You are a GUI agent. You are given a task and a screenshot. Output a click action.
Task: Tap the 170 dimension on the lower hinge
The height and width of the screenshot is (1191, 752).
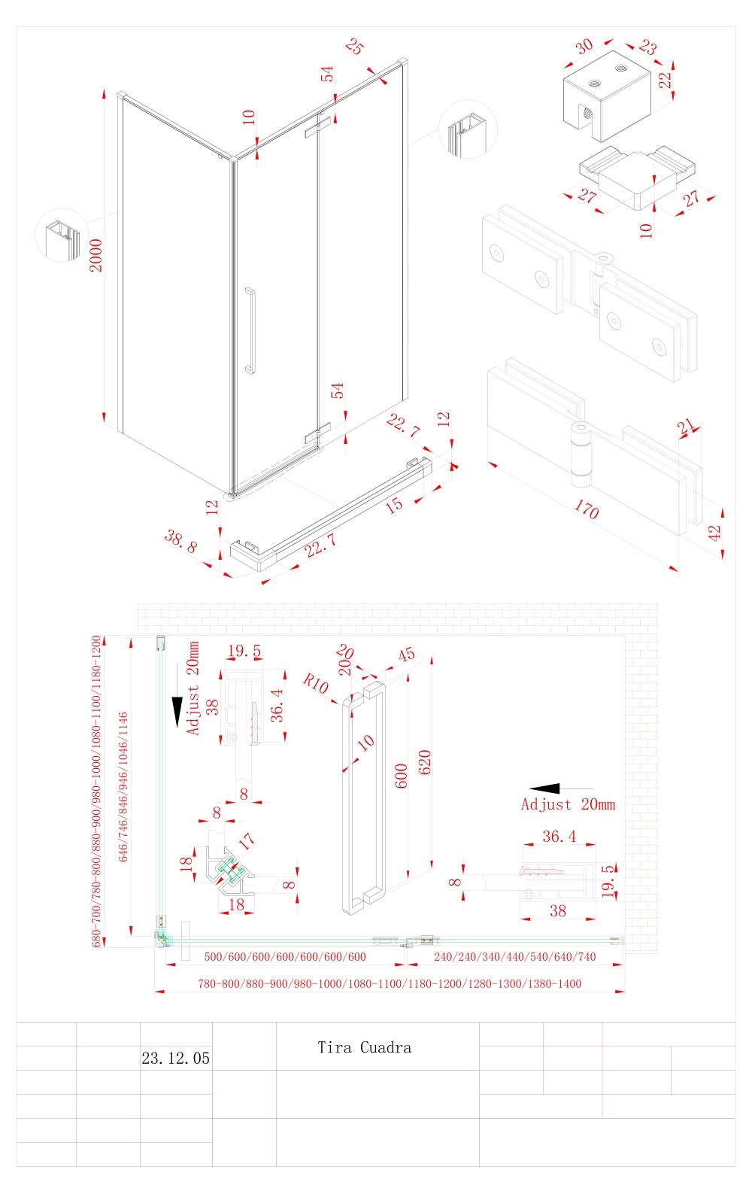(x=586, y=510)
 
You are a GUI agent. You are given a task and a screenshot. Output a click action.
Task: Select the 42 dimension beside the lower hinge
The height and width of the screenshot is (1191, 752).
(x=714, y=533)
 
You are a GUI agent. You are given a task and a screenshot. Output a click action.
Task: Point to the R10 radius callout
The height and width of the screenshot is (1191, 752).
(x=316, y=684)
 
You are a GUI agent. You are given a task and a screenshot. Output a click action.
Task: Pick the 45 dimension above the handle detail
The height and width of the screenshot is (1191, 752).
(x=406, y=655)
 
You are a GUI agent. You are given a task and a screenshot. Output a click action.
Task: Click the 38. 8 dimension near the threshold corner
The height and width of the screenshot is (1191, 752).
(x=180, y=541)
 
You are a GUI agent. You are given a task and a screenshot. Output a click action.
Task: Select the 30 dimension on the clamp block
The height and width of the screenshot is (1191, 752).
(x=584, y=46)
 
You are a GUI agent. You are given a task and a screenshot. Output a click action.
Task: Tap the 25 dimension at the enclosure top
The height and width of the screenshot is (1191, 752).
(x=355, y=47)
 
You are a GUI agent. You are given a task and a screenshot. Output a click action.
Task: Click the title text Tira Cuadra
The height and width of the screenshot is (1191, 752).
(x=364, y=1047)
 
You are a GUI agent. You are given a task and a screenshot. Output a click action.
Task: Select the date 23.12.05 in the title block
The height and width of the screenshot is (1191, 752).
(x=175, y=1059)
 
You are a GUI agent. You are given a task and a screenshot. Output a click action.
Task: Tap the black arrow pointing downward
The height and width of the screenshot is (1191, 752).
(x=177, y=712)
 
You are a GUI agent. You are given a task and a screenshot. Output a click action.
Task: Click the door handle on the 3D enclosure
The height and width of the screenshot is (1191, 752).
(x=250, y=330)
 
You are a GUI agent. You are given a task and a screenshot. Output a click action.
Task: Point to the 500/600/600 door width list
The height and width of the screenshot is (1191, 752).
(x=285, y=957)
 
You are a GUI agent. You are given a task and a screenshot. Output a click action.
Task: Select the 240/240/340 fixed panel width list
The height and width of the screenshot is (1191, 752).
(x=514, y=957)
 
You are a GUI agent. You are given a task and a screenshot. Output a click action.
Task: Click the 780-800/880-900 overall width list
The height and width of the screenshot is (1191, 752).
(x=389, y=984)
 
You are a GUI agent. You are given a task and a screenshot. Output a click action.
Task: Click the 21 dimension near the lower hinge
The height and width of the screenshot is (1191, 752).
(x=685, y=427)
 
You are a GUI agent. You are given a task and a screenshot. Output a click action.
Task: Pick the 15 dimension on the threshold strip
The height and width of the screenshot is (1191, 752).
(x=394, y=505)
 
